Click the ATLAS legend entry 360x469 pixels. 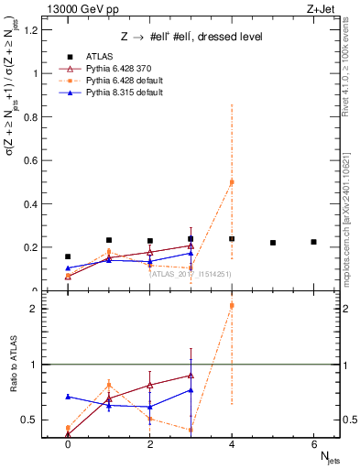pos(99,56)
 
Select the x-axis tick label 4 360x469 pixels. pos(232,442)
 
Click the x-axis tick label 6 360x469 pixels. pos(314,442)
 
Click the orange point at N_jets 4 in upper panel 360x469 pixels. pos(232,182)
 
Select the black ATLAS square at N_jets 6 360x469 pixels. pos(314,242)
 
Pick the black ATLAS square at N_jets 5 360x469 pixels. pos(273,243)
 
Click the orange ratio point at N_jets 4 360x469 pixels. pos(232,306)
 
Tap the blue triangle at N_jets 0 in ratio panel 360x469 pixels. pos(68,397)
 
